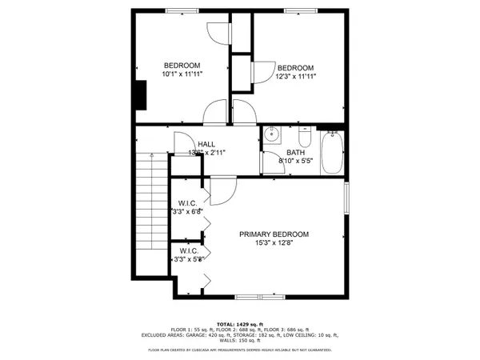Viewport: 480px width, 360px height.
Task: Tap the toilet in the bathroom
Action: (302, 135)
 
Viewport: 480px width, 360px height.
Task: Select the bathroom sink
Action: (272, 134)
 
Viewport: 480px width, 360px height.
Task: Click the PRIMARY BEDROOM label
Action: (274, 234)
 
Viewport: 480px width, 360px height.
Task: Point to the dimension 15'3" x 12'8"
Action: (274, 243)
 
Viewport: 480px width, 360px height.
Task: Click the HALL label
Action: (194, 144)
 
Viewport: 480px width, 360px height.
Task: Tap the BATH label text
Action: (296, 152)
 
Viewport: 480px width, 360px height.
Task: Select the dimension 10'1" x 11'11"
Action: (182, 74)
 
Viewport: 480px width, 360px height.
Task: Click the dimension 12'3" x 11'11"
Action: (294, 77)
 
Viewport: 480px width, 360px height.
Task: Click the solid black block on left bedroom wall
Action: (141, 96)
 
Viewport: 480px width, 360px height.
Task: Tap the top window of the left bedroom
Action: (178, 10)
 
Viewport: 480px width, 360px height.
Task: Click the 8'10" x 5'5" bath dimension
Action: (296, 161)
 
